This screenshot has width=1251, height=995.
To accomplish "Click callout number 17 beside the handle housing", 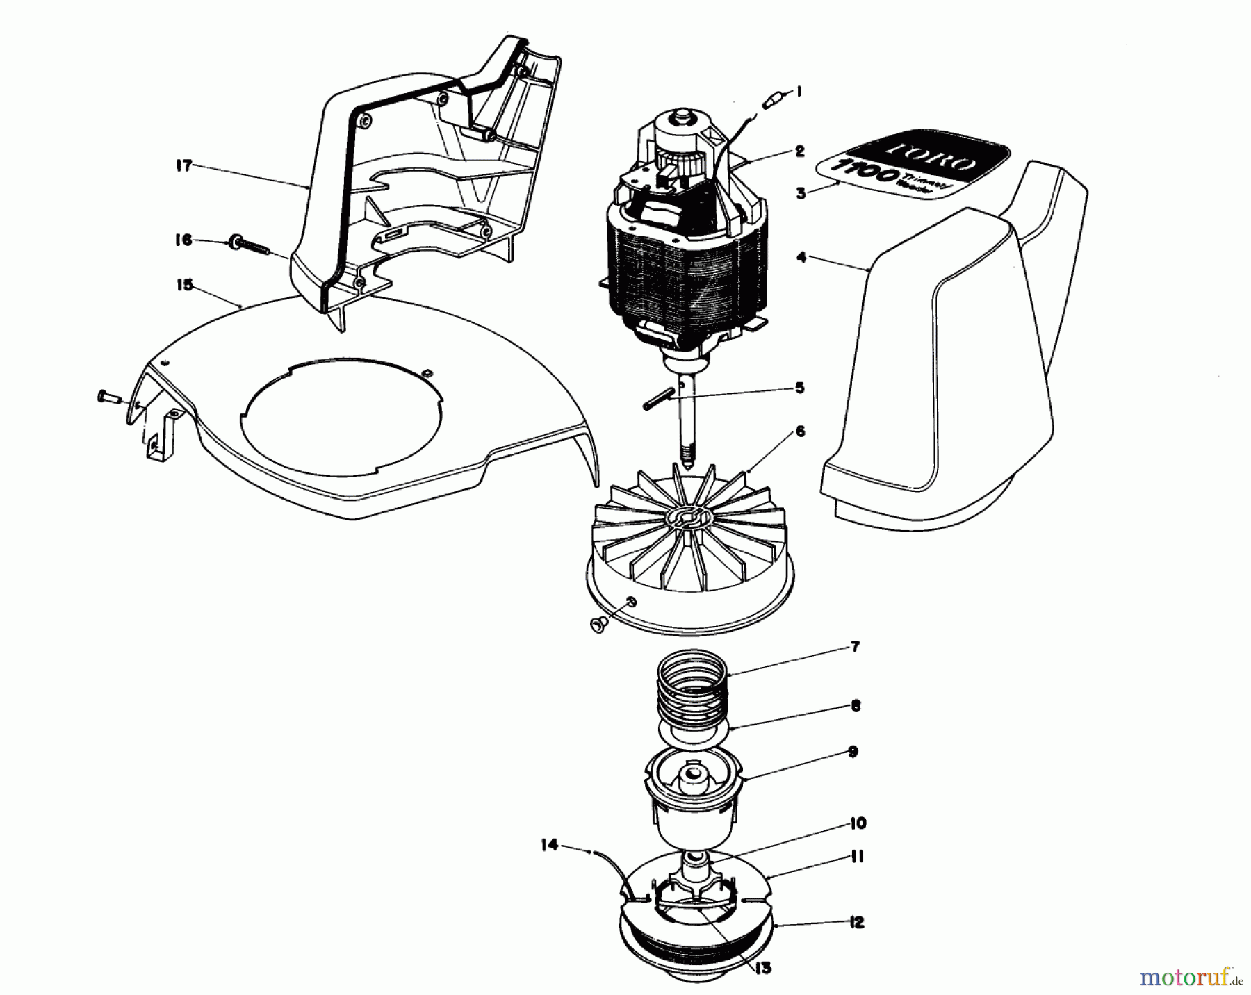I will pos(183,167).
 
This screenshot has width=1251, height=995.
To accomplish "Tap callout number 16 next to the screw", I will pos(183,240).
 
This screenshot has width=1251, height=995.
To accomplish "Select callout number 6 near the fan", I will pos(800,431).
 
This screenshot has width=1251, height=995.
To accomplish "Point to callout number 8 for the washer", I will pos(855,705).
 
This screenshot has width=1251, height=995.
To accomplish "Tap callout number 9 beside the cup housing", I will pos(853,752).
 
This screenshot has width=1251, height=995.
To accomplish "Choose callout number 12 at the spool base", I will pos(856,922).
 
